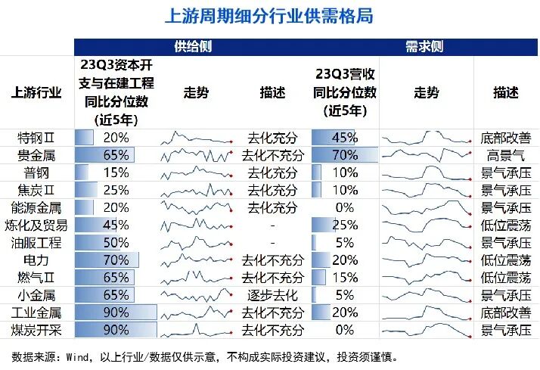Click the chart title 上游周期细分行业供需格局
point(269,16)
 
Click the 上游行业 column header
point(37,93)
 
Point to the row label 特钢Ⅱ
point(37,138)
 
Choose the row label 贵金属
point(37,155)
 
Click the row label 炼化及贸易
point(37,225)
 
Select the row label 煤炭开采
point(37,329)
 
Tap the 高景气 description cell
point(502,155)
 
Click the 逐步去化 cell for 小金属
point(272,294)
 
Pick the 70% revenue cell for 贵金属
point(344,155)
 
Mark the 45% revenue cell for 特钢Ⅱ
point(344,138)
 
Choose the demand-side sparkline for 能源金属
point(425,207)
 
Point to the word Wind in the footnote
point(79,356)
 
